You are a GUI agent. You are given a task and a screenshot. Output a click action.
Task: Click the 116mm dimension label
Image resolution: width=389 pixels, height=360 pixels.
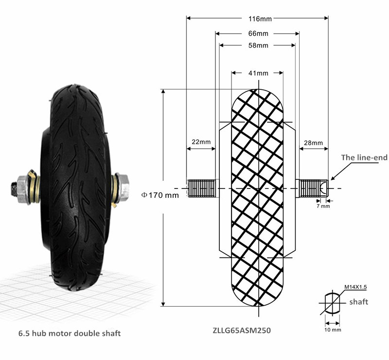pyautogui.click(x=257, y=19)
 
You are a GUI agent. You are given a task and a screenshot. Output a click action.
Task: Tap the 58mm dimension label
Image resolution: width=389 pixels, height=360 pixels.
pyautogui.click(x=257, y=46)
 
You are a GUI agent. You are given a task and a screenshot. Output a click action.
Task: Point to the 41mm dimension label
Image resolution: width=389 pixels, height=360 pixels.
pyautogui.click(x=257, y=73)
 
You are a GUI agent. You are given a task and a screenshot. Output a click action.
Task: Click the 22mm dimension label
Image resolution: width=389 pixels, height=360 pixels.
pyautogui.click(x=201, y=142)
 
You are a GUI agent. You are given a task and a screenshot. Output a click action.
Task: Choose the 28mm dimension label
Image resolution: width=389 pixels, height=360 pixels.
pyautogui.click(x=313, y=143)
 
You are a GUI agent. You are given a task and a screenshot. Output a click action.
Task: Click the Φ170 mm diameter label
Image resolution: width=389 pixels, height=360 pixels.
pyautogui.click(x=160, y=195)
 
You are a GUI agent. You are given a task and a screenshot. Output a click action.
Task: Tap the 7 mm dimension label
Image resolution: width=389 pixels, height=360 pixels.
pyautogui.click(x=323, y=206)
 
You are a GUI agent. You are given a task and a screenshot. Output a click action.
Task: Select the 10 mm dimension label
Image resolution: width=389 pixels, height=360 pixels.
pyautogui.click(x=333, y=330)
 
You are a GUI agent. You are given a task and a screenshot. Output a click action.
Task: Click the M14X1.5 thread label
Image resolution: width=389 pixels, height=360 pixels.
pyautogui.click(x=355, y=288)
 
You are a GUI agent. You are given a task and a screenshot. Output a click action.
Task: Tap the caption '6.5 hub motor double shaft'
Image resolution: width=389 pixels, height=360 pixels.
pyautogui.click(x=70, y=333)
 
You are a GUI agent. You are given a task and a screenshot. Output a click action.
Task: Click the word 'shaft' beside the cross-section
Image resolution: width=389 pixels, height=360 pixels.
pyautogui.click(x=359, y=302)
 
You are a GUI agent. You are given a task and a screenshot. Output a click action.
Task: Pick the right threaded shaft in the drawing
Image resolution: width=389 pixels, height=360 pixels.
pyautogui.click(x=313, y=189)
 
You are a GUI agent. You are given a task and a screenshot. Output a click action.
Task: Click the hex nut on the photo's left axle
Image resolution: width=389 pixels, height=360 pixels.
pyautogui.click(x=22, y=187)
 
